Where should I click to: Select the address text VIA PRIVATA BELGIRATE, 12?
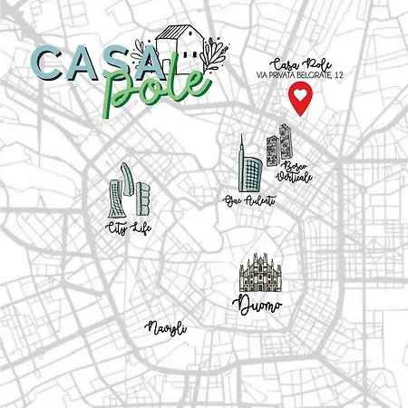pyautogui.click(x=296, y=77)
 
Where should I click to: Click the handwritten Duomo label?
pyautogui.click(x=257, y=305)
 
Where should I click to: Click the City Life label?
pyautogui.click(x=128, y=228)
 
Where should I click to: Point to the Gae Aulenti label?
pyautogui.click(x=248, y=199)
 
